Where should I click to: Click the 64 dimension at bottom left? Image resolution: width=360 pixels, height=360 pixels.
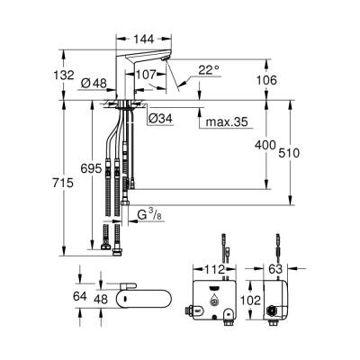coord(78,294)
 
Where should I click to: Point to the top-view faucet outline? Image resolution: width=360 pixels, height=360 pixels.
coord(144,294)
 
